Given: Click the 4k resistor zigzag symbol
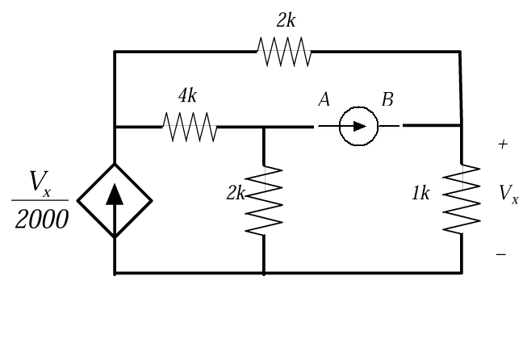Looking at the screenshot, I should (x=190, y=126).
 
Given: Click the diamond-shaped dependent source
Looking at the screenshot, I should (x=115, y=200).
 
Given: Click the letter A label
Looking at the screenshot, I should (x=324, y=99).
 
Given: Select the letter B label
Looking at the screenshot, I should (x=387, y=99).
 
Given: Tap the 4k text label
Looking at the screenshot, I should (x=187, y=96).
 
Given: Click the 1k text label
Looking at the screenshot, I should (x=420, y=195).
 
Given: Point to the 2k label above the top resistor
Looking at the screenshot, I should (x=286, y=21).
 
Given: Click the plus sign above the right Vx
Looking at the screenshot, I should (x=504, y=144).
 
